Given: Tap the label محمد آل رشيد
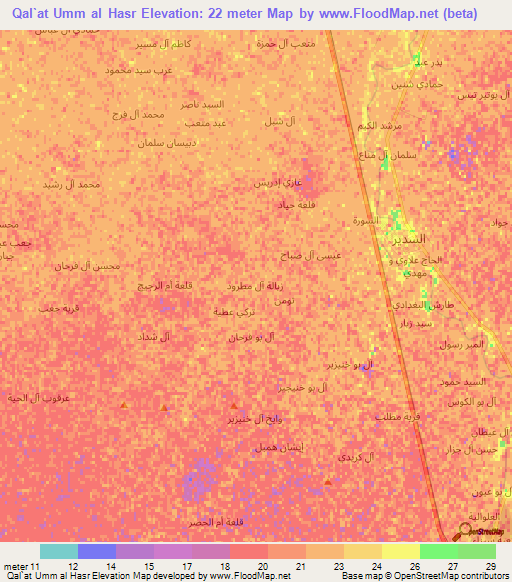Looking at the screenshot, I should pos(73,184).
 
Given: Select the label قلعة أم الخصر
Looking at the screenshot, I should pos(214,522).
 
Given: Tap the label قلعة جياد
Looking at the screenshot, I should pos(297,203).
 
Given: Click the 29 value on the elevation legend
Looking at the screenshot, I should pos(491,566).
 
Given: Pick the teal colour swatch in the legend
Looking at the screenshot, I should pos(58,551).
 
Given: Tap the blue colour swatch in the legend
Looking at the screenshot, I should pos(96,551).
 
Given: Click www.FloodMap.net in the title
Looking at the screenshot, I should pos(389,13).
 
